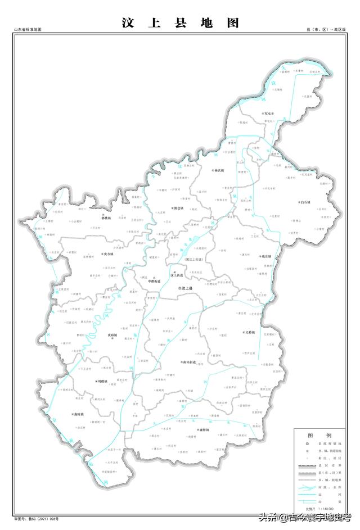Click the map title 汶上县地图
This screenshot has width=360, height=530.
[x=180, y=23]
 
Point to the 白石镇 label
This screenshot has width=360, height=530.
[x=305, y=202]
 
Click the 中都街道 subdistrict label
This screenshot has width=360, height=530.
[x=154, y=280]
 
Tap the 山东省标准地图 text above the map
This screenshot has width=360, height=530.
[x=28, y=29]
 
